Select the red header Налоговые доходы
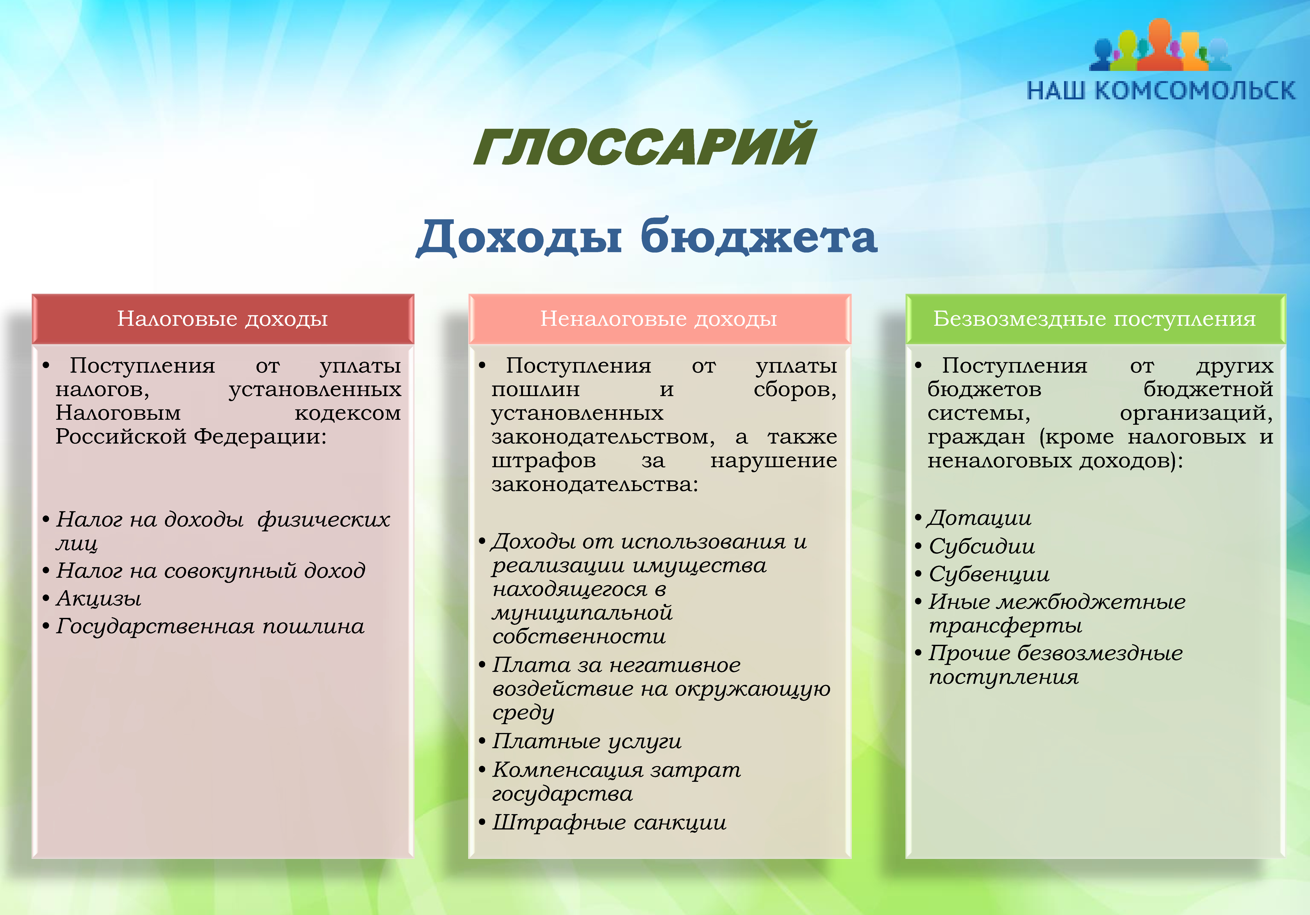[222, 319]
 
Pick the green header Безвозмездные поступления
[1094, 319]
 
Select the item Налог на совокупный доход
[211, 570]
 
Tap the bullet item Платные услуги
[586, 741]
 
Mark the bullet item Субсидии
[981, 546]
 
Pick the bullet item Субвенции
[989, 574]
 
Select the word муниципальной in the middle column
[582, 613]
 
